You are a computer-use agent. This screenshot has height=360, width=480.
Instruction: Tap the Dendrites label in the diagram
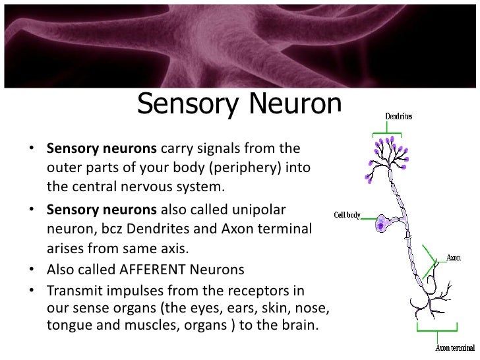click(x=398, y=117)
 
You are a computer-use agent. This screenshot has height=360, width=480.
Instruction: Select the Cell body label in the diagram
click(x=347, y=216)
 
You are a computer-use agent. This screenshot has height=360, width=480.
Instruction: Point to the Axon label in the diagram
click(x=454, y=257)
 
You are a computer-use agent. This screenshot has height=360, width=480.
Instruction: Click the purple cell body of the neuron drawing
click(x=382, y=224)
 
